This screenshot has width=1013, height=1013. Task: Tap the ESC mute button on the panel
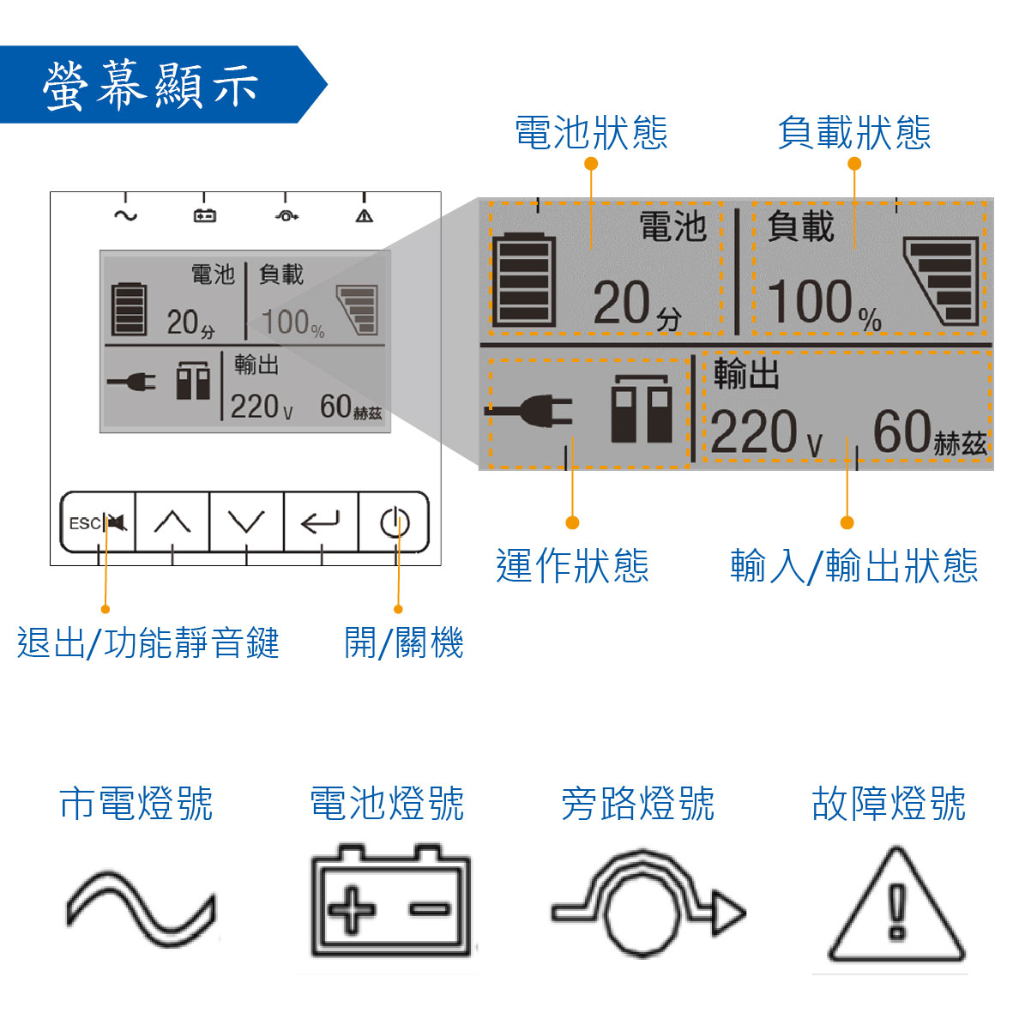(98, 522)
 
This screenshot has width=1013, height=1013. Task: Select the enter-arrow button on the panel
(321, 522)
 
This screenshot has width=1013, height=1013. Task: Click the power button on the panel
(395, 522)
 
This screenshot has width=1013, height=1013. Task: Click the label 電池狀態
(591, 133)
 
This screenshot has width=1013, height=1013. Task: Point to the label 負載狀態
(854, 133)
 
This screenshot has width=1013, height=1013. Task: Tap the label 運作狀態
(572, 566)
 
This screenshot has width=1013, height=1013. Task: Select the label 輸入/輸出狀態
(854, 566)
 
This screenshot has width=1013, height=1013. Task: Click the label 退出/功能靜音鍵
(148, 642)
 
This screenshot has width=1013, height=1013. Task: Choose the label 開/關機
(403, 642)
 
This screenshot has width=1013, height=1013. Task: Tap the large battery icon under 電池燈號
(390, 902)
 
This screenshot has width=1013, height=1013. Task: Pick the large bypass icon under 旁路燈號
(648, 905)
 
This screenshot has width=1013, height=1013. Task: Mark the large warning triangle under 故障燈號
(896, 907)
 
